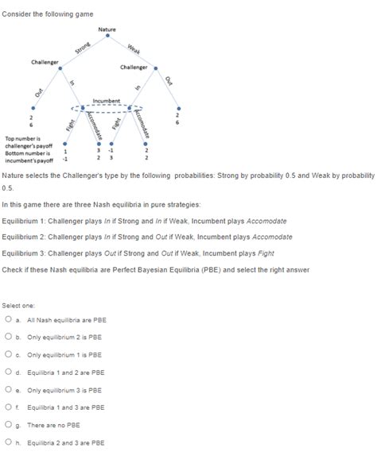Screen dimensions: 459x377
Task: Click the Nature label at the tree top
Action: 107,29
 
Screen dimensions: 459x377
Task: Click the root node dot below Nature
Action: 107,38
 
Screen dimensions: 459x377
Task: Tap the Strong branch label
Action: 81,50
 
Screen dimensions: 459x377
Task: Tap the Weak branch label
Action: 133,50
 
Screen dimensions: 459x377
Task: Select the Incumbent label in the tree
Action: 106,101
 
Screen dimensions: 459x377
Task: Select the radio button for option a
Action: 8,319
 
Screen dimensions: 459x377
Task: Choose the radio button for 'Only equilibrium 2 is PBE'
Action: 8,337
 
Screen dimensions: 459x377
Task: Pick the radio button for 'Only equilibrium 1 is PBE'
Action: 8,354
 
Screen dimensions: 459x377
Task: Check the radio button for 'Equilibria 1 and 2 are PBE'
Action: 8,372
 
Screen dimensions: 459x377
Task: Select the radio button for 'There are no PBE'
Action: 8,424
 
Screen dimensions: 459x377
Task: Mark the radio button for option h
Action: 8,442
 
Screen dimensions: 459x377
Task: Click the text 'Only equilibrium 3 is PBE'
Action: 64,390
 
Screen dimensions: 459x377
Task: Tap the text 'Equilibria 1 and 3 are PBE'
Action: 66,407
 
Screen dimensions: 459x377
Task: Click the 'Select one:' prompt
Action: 17,304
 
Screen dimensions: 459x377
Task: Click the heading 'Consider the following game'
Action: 48,13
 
